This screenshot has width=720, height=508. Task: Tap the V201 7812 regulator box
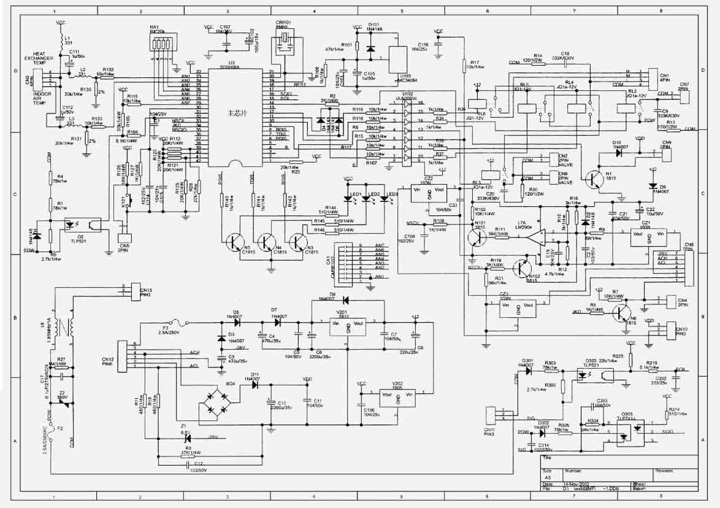coord(348,327)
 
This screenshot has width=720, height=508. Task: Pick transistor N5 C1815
coord(234,242)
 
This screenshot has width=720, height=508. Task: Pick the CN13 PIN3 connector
coord(131,292)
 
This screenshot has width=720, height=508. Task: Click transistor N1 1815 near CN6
coord(594,179)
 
